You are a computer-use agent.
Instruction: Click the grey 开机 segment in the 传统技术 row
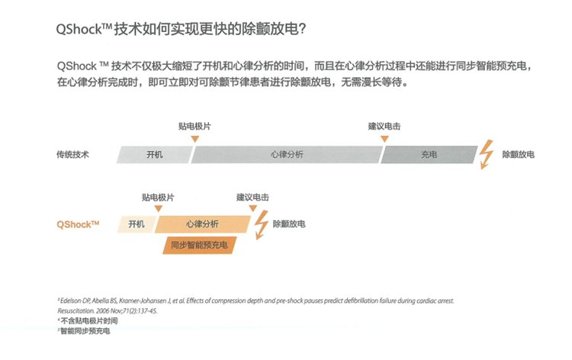154,154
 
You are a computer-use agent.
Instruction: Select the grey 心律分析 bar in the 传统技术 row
287,154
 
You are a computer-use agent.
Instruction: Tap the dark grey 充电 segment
429,154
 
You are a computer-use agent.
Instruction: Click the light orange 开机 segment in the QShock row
137,224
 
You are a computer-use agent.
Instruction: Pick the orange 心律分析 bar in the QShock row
202,224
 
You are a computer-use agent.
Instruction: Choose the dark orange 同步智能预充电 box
200,245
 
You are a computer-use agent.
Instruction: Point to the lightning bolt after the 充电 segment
486,154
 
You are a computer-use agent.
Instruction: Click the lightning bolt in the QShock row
261,224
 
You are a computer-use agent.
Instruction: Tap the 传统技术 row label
72,154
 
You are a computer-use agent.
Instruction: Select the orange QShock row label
78,224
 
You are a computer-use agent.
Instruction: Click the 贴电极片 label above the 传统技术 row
194,126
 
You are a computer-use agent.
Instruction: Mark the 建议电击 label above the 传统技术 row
384,126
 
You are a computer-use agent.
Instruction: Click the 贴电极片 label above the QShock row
158,198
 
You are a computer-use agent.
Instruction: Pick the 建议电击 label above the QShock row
252,198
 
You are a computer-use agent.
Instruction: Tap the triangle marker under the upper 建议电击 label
384,139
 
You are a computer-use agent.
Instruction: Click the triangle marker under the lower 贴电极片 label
158,209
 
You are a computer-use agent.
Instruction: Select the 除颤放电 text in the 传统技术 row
518,154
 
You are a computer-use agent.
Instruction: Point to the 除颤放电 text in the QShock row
289,224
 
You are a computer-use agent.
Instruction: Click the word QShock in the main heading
79,29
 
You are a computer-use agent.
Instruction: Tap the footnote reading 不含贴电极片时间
89,321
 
